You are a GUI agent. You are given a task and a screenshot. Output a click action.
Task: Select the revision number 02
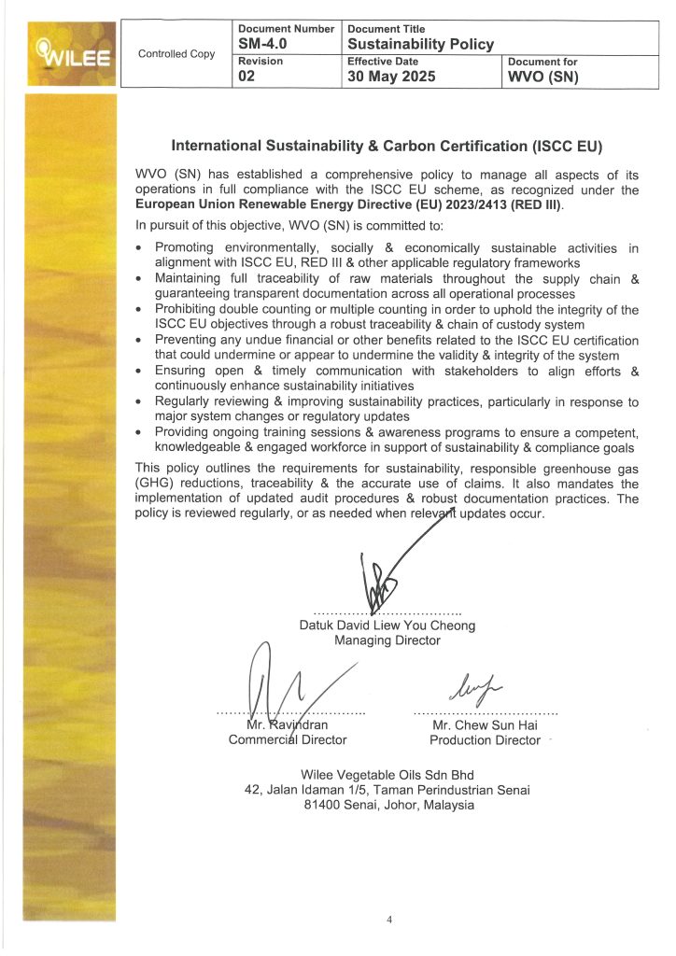click(247, 77)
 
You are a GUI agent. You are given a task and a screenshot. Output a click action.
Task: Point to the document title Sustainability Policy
click(420, 44)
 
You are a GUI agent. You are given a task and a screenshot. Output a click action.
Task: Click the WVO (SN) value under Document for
click(542, 77)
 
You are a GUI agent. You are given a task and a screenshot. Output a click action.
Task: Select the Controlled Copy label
click(176, 54)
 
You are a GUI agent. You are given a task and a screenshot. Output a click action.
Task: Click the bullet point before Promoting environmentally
click(139, 248)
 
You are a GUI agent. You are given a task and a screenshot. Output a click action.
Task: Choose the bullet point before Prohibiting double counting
click(139, 310)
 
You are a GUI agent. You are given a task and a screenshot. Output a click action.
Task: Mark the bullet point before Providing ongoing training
click(139, 432)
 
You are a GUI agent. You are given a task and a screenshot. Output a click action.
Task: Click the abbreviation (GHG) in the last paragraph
click(155, 484)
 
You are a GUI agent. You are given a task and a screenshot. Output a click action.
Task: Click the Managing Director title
click(387, 640)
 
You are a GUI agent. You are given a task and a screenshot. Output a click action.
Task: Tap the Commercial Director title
click(288, 739)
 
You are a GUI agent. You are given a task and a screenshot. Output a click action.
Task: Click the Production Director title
click(485, 739)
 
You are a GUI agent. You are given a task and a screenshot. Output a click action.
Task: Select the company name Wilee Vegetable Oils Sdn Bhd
click(387, 775)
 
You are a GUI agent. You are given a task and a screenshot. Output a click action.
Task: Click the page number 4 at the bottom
click(390, 920)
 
